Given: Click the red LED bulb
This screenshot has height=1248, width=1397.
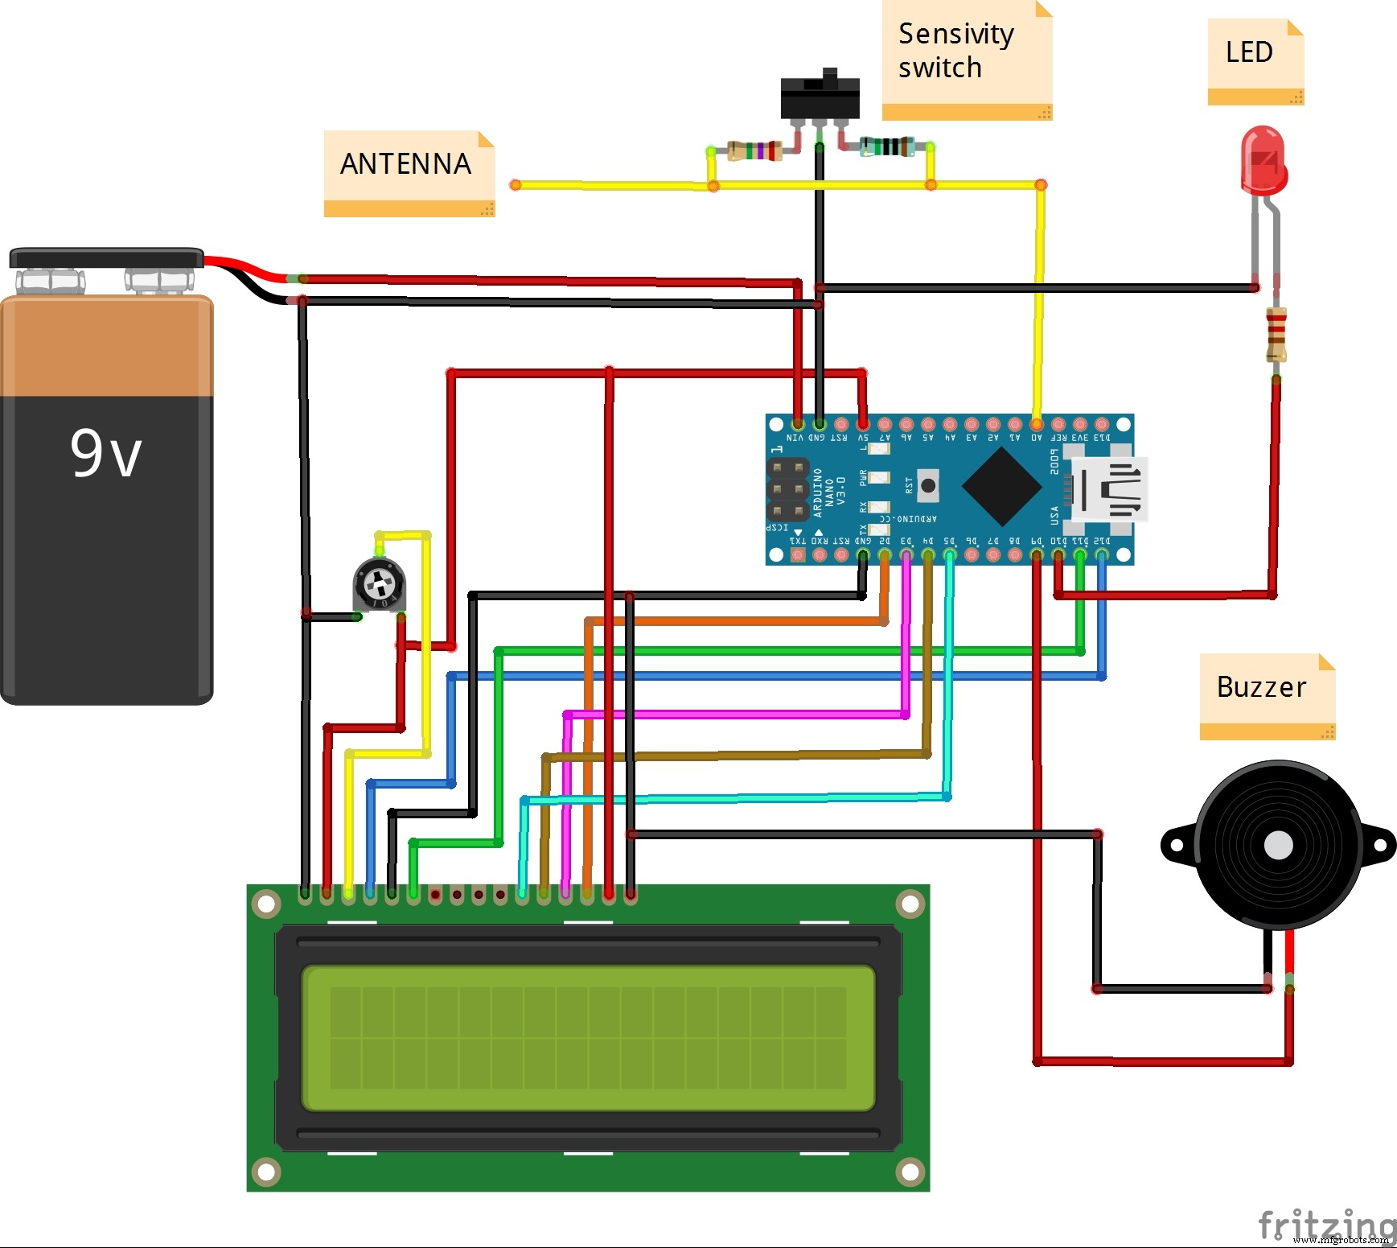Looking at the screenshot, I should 1263,160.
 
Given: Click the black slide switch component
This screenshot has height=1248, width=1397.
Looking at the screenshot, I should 820,97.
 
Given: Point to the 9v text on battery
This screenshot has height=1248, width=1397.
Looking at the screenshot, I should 105,453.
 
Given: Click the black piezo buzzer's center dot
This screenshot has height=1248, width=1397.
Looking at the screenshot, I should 1278,846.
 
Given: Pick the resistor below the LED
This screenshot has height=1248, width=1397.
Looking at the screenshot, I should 1276,334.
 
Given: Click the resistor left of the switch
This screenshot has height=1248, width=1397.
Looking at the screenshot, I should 754,150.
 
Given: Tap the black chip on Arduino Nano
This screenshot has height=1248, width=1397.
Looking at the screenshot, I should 1001,486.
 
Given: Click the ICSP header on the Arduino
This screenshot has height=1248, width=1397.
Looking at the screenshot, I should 787,488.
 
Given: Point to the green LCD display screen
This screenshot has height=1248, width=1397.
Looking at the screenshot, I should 588,1038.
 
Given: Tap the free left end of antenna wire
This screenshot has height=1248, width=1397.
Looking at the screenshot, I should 516,185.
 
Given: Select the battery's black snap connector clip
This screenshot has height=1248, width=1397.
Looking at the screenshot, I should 106,258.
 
